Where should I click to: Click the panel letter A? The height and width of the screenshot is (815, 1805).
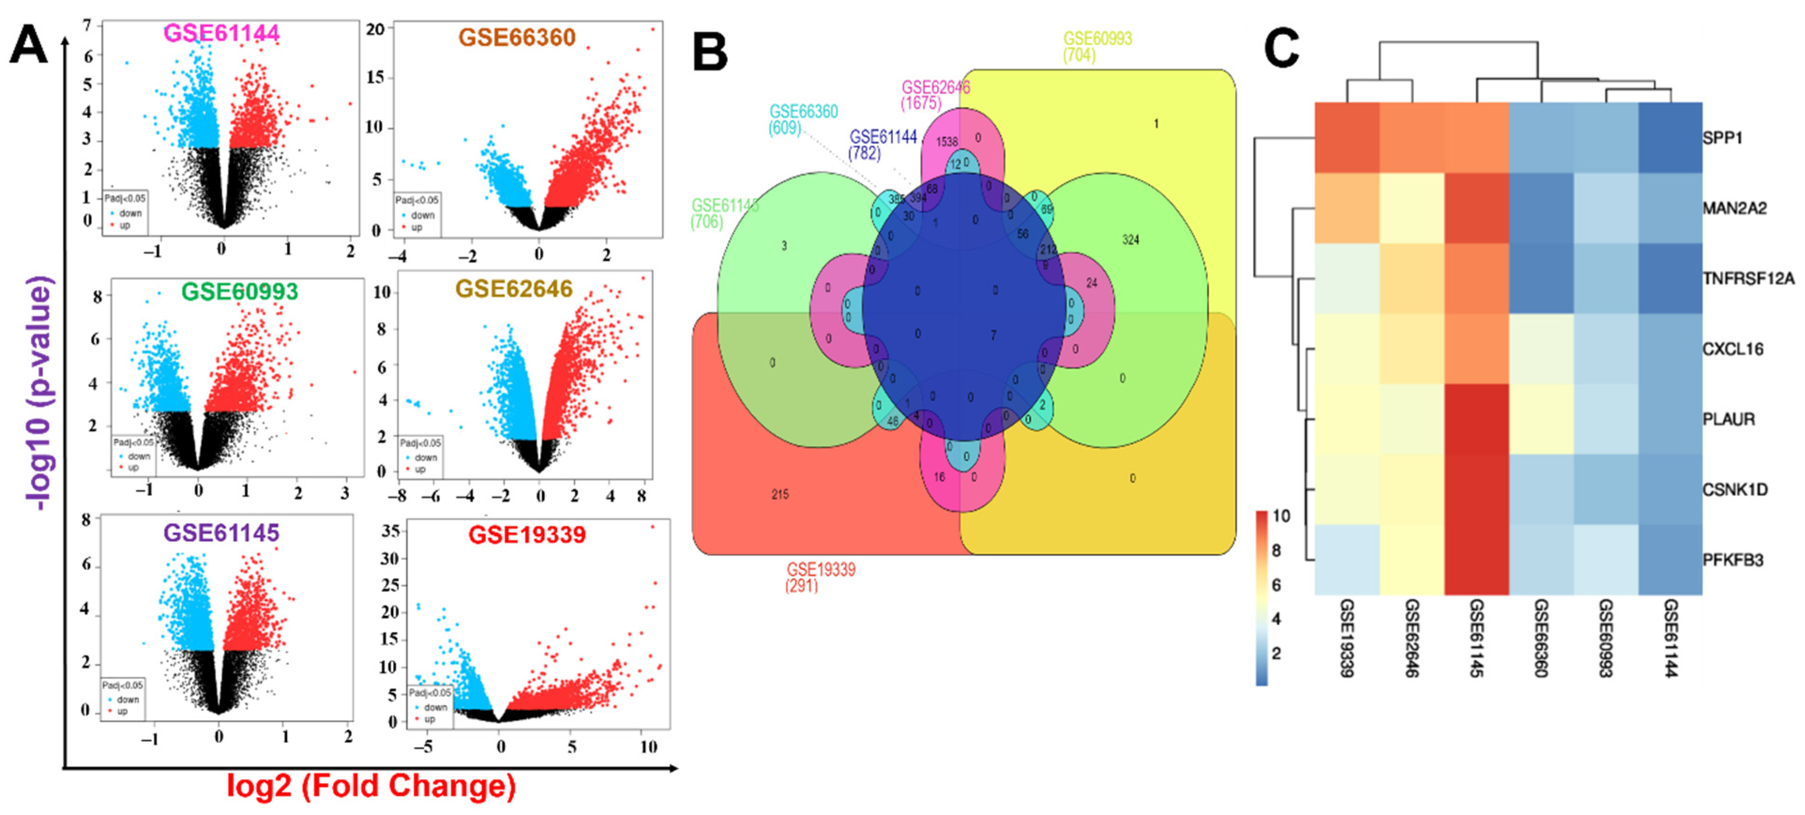pos(28,46)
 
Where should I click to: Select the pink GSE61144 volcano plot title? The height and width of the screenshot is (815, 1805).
pos(221,33)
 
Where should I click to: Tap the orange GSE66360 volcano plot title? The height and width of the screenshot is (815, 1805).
pos(517,37)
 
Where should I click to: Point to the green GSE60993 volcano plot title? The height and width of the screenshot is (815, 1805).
pos(240,291)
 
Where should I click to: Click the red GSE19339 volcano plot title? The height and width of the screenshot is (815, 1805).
pos(527,535)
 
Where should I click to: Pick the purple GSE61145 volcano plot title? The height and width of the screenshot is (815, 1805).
pos(221,533)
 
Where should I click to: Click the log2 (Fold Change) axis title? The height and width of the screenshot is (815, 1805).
pos(371,785)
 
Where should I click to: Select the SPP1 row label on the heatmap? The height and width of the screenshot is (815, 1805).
pos(1722,138)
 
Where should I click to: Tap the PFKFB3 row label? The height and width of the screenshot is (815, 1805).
pos(1733,560)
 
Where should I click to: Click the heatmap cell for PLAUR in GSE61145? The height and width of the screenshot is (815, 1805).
pos(1476,419)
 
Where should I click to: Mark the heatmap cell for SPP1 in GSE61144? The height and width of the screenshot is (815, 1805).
pos(1670,138)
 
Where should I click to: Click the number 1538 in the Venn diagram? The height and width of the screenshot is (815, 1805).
pos(947,142)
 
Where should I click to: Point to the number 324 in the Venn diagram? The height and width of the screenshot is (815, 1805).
pos(1130,240)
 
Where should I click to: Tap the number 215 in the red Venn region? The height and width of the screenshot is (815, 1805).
pos(780,495)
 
